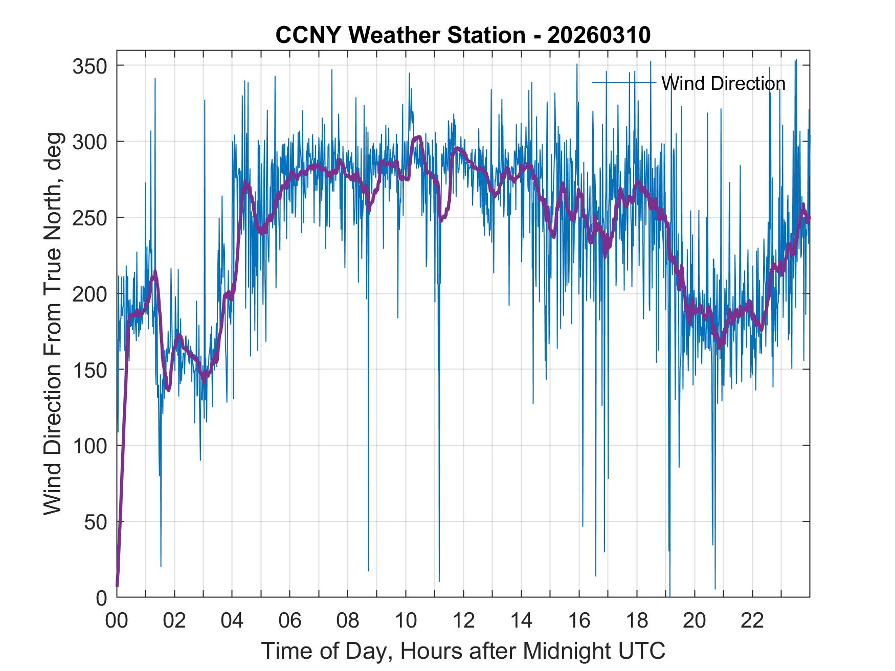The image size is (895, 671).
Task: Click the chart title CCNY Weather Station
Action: (463, 35)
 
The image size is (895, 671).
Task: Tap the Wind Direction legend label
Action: (723, 83)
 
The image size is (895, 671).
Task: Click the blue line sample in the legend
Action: (624, 83)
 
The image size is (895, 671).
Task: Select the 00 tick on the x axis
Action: (117, 621)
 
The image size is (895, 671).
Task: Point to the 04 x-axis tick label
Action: (232, 621)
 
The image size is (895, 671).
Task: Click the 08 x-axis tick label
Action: (348, 621)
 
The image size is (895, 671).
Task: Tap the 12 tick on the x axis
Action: (463, 621)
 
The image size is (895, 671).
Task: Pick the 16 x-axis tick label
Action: (579, 621)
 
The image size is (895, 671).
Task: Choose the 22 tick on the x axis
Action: (752, 621)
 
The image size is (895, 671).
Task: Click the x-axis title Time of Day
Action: (463, 651)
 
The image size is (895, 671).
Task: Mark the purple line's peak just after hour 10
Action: (418, 137)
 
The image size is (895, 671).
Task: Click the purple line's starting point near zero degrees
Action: (117, 585)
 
